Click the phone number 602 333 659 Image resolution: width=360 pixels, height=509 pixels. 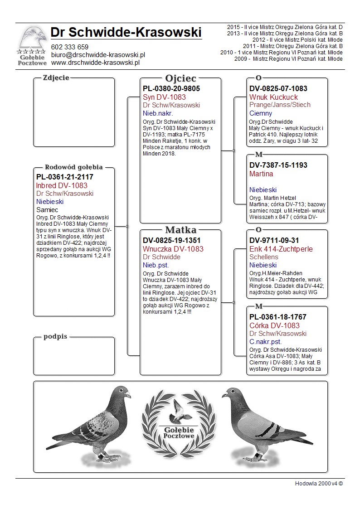click(69, 47)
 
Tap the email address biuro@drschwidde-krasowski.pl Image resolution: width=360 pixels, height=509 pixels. click(98, 54)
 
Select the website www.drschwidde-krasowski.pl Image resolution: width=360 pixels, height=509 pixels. click(95, 62)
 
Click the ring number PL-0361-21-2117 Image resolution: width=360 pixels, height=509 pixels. click(65, 177)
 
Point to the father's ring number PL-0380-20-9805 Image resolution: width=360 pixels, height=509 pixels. click(171, 89)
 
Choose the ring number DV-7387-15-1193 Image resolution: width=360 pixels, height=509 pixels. click(278, 165)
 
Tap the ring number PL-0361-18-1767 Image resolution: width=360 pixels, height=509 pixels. click(278, 317)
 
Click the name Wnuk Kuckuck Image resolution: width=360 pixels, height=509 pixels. click(273, 97)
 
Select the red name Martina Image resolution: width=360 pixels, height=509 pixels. click(261, 174)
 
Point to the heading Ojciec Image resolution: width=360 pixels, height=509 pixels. click(180, 78)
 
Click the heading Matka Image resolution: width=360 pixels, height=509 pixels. click(180, 230)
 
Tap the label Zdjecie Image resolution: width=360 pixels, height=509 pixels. click(56, 78)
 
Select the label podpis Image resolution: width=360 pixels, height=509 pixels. click(55, 337)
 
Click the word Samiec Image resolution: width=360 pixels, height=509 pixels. click(47, 210)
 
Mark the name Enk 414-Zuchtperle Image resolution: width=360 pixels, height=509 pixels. click(281, 249)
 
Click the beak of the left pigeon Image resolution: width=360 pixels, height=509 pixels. click(129, 395)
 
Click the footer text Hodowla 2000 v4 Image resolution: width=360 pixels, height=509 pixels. click(319, 483)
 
